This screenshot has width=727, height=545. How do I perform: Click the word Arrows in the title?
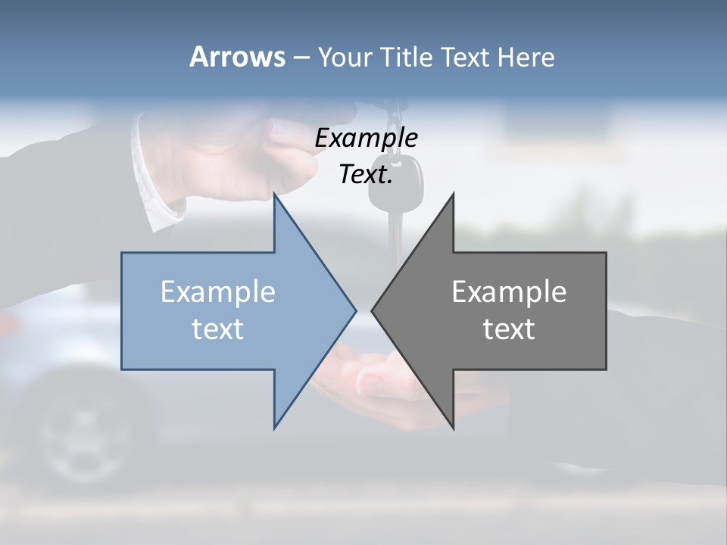tap(236, 57)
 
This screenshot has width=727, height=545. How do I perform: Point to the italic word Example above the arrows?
tap(366, 138)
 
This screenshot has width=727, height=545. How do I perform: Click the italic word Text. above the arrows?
tap(366, 174)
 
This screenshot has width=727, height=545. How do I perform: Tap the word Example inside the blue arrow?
tap(218, 292)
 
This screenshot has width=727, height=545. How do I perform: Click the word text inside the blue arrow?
tap(218, 329)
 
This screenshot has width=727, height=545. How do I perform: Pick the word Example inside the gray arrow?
tap(509, 292)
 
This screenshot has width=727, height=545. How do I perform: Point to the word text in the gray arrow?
tap(509, 329)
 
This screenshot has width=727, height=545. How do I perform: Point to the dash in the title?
tap(301, 58)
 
